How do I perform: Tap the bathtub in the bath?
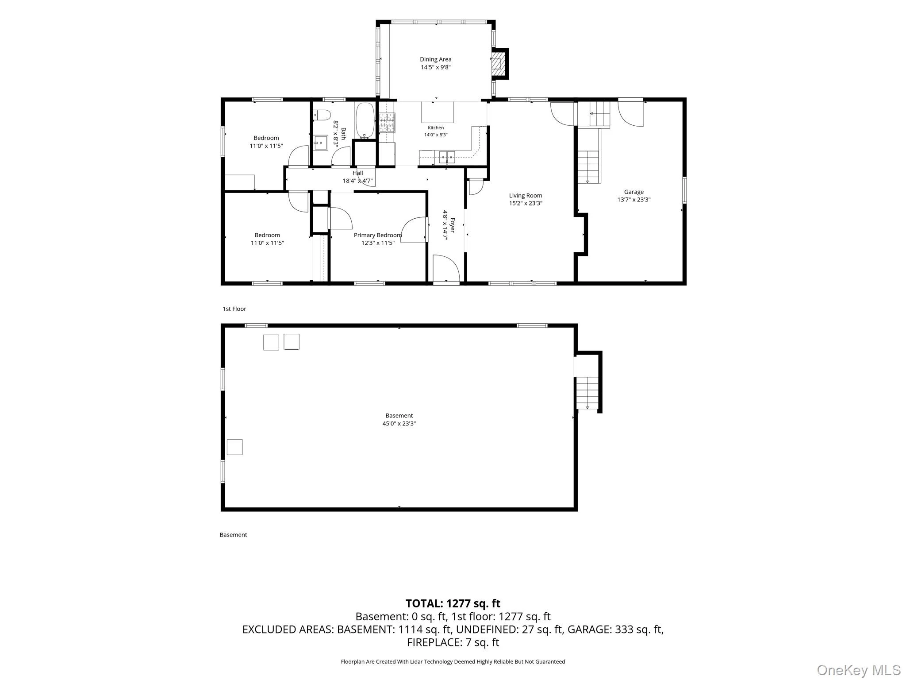365,120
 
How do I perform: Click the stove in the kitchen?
387,123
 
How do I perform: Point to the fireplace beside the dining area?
499,64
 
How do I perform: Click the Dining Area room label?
436,59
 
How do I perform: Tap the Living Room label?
526,195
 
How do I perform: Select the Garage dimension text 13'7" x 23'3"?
634,200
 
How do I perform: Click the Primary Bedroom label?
378,235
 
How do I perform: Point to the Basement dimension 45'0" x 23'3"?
399,424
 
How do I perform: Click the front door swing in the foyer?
446,268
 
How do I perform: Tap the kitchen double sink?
447,157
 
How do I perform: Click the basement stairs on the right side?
587,393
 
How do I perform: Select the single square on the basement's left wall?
234,447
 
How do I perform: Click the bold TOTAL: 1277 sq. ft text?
453,603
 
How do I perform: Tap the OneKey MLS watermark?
859,670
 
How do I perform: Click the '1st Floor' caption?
234,309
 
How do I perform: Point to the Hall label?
358,173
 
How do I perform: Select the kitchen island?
438,112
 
